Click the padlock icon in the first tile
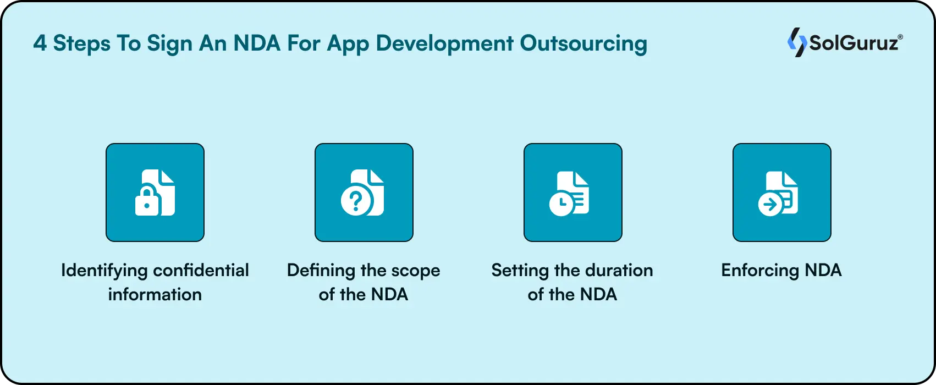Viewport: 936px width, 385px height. pos(146,202)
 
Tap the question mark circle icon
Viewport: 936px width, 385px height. pos(355,202)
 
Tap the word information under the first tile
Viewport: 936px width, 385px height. pos(155,294)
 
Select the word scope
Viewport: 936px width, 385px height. pos(415,271)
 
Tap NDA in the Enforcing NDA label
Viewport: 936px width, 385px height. pos(823,271)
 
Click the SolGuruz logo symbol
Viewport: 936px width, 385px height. pos(796,42)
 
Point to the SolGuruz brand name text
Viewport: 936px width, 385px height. pos(852,43)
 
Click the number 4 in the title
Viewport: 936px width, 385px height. pos(40,43)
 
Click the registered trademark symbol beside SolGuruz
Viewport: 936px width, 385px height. pos(900,37)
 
